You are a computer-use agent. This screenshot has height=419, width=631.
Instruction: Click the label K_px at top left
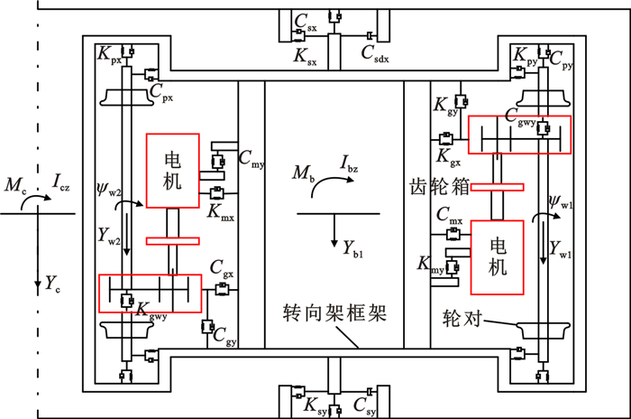[x=109, y=56]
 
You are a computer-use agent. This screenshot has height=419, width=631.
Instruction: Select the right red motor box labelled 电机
[x=496, y=256]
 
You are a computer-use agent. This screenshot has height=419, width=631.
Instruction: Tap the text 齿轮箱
[x=424, y=190]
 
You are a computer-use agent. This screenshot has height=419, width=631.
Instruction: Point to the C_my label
[x=251, y=158]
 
